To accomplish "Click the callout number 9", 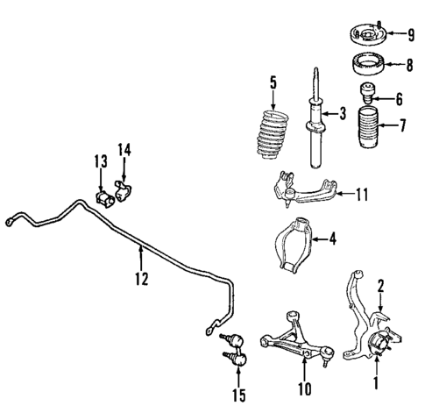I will pyautogui.click(x=410, y=34).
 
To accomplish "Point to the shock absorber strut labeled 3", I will pyautogui.click(x=312, y=123).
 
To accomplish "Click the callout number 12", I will pyautogui.click(x=140, y=280).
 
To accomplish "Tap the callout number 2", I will pyautogui.click(x=380, y=283).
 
